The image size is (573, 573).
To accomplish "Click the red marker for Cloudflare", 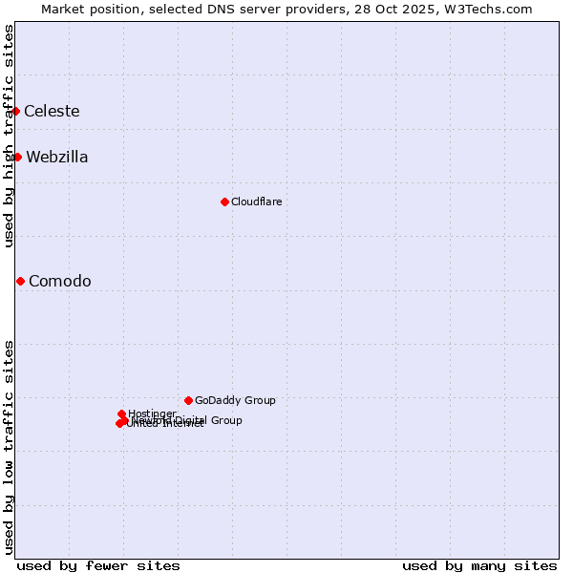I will point(224,202).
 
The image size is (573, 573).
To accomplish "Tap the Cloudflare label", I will point(256,202).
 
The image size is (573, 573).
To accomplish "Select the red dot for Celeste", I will point(15,111).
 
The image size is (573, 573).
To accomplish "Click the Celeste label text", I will point(52,111).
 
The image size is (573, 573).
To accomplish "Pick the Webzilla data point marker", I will point(17,157).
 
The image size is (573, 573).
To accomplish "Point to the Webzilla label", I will point(57,158).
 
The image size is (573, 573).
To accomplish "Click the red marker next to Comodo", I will point(20,281).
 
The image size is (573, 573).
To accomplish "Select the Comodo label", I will point(60,281).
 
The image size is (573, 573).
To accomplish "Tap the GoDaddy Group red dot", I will point(188,400).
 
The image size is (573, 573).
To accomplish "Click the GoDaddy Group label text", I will point(235,400).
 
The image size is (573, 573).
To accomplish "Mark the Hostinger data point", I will point(121,414).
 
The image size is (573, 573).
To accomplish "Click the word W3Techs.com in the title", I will point(492,9).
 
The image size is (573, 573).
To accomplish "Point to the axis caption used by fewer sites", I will point(98,565).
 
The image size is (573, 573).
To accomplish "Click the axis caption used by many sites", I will point(479,565).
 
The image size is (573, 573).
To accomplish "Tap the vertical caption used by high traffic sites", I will point(9,136).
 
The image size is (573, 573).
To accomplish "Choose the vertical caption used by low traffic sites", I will point(9,447).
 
